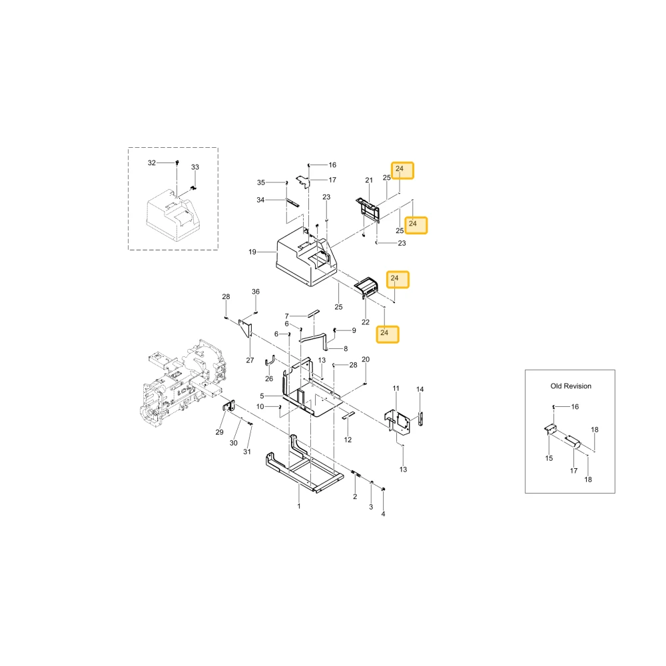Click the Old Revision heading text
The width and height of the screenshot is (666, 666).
571,386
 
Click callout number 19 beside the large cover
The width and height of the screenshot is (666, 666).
252,252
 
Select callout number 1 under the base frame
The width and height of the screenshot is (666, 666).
298,506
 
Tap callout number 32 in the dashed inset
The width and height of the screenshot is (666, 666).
152,163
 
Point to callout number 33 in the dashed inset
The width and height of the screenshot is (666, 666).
195,167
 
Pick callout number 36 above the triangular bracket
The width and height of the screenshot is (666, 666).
255,292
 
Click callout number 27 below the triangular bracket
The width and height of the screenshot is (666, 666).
250,360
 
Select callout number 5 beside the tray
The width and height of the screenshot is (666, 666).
262,396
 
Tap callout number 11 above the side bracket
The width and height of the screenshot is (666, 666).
396,388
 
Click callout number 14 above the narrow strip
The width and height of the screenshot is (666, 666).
420,389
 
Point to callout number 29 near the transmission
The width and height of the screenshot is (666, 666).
219,432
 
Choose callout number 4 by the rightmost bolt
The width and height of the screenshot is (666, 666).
383,514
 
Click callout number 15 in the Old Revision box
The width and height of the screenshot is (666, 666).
549,458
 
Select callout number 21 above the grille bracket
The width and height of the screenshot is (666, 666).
369,180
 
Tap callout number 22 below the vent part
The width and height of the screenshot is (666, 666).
365,322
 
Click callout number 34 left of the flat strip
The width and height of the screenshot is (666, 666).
260,200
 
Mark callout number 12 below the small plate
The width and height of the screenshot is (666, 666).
348,440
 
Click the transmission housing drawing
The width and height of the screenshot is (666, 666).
182,382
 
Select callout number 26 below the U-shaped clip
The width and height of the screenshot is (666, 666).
269,378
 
